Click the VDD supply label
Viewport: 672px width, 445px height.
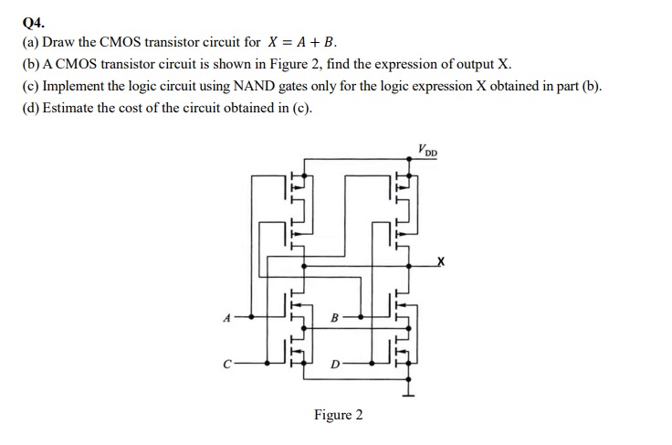(426, 150)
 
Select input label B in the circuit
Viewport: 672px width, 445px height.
(334, 318)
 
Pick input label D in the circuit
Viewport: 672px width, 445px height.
(334, 366)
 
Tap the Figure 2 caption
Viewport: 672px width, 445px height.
(338, 416)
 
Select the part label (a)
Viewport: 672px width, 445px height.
(30, 42)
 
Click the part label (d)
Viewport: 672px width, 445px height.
(30, 108)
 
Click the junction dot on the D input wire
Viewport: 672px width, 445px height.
(373, 363)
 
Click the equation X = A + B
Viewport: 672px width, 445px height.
(302, 42)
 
